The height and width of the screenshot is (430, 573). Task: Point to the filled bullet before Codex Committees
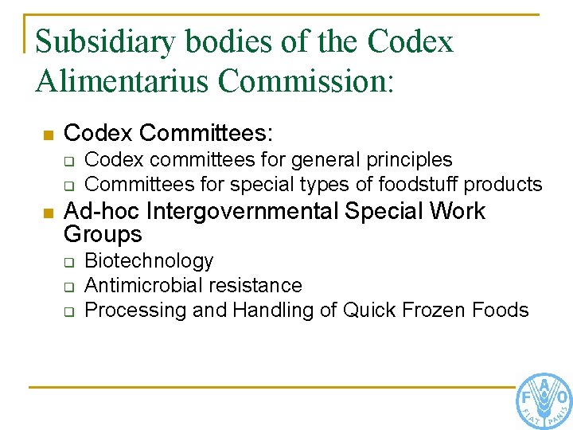48,135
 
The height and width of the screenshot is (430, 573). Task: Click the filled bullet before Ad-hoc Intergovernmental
48,213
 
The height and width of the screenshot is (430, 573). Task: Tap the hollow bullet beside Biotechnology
69,262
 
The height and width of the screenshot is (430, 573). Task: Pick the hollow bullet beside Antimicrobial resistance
69,287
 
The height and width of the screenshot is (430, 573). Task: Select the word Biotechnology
149,261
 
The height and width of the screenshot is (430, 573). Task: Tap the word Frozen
437,310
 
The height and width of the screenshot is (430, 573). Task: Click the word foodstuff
419,185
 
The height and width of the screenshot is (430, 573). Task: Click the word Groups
103,235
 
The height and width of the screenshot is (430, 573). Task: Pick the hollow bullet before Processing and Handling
69,311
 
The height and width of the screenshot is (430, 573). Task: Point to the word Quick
371,310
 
